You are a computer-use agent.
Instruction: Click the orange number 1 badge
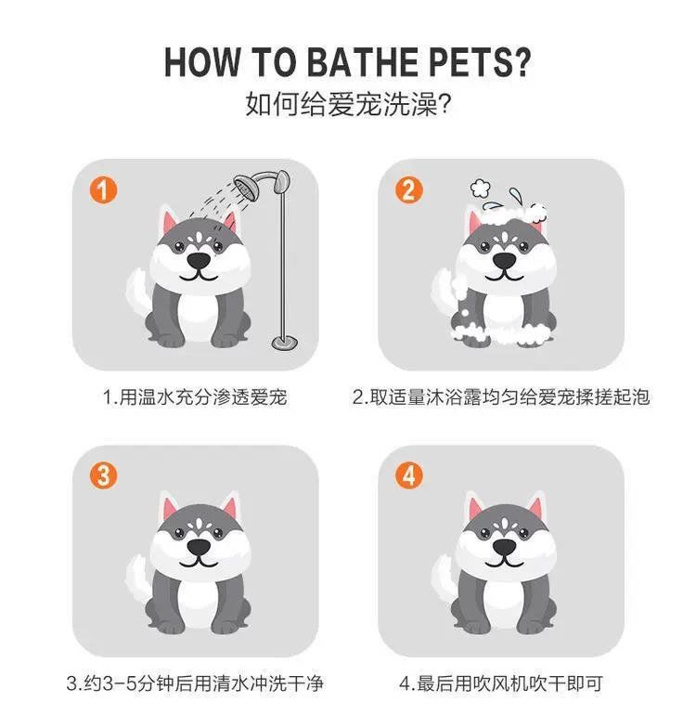click(103, 189)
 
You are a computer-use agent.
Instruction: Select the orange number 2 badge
click(408, 189)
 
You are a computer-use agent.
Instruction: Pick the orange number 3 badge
click(103, 475)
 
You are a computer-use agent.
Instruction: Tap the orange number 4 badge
click(408, 475)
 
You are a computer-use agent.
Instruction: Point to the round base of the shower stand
click(284, 343)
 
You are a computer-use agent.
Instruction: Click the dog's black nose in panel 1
click(199, 262)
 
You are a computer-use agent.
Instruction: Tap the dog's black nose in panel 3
click(199, 547)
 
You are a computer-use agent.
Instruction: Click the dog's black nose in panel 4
click(504, 547)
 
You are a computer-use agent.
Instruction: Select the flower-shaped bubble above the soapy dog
click(480, 188)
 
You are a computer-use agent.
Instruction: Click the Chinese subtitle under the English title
click(348, 104)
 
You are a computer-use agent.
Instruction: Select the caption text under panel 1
click(195, 397)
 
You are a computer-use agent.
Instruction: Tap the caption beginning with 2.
click(501, 397)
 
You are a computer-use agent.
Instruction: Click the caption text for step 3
click(195, 683)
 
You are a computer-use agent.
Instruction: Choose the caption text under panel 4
click(501, 683)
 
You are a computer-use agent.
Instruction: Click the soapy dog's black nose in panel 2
click(504, 262)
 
